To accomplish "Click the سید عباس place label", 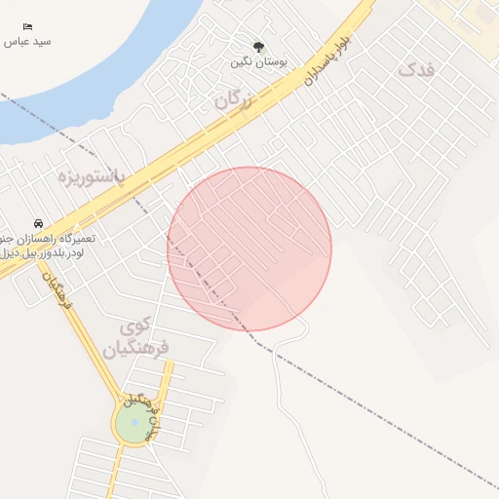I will point(27,42).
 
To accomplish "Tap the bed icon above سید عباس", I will point(27,26).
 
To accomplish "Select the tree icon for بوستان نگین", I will point(258,46).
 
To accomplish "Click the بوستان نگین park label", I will point(259,61).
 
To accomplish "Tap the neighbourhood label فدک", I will point(416,69).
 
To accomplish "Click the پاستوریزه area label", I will point(92,177).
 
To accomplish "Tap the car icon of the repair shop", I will point(38,223).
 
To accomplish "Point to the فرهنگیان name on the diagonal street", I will point(56,291).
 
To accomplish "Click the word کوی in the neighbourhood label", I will point(140,325).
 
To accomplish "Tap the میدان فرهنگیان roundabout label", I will point(139,414).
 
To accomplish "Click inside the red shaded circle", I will point(249,249).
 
